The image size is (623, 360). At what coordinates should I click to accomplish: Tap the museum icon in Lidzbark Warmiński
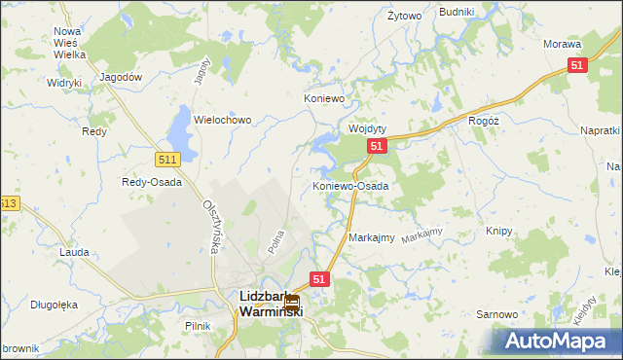(x=290, y=303)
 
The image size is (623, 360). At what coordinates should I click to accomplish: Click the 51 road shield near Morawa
(x=577, y=65)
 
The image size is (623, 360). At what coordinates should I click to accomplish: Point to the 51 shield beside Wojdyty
(x=378, y=146)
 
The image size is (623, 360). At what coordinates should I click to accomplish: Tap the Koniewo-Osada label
(x=350, y=185)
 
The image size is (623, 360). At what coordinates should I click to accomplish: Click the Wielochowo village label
(x=223, y=120)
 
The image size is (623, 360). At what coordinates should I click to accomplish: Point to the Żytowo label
(x=404, y=17)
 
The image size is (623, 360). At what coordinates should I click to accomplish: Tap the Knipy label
(x=498, y=232)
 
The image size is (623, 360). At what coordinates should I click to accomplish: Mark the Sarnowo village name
(x=495, y=314)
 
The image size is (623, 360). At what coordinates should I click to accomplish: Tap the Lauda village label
(x=74, y=252)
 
